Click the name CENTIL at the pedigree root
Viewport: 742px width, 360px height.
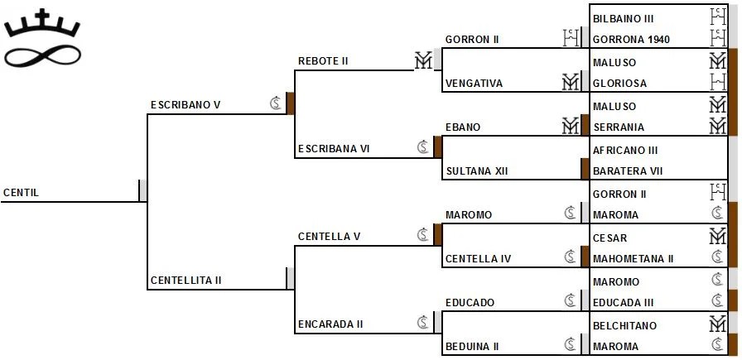tap(22, 193)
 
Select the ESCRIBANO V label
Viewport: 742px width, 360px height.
tap(185, 105)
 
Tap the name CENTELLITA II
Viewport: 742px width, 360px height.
tap(186, 281)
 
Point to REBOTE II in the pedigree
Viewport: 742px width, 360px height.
tap(323, 61)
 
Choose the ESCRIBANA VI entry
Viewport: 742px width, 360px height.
tap(334, 149)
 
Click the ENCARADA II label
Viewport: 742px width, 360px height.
tap(330, 324)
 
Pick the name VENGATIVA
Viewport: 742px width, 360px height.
tap(474, 84)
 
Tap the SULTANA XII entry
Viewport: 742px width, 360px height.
tap(476, 171)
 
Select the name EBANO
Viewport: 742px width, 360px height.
tap(463, 127)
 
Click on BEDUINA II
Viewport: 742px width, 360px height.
tap(472, 347)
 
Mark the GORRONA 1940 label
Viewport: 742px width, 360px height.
tap(632, 40)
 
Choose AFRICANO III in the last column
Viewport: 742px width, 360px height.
tap(626, 151)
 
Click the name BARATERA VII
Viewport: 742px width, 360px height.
tap(628, 171)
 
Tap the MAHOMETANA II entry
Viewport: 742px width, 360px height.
tap(634, 259)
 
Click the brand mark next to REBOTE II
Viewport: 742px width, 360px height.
tap(424, 60)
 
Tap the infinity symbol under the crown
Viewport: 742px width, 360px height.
tap(41, 56)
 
